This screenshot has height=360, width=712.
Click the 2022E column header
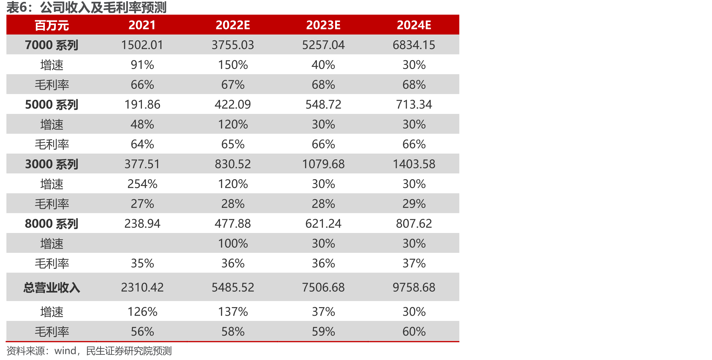coord(233,25)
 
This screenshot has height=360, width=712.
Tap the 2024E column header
coord(414,25)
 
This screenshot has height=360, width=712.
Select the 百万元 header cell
coord(52,25)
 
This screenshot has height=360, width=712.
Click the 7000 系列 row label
coord(52,45)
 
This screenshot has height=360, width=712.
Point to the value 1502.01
coord(142,45)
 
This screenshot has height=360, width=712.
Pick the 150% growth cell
coord(233,65)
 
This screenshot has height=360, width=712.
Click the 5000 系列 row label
coord(52,104)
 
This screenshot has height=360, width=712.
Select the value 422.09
coord(233,104)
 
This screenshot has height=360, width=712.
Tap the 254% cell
coord(142,184)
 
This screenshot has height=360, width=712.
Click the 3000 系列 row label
coord(52,164)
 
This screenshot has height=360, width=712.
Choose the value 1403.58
coord(414,164)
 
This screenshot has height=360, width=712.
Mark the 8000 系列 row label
coord(52,224)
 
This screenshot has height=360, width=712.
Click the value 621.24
coord(323,224)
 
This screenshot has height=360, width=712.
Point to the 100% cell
coord(233,243)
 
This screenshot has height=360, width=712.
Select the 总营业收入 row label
coord(52,288)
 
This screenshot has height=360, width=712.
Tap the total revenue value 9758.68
coord(414,287)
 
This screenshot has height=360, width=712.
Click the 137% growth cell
coord(233,312)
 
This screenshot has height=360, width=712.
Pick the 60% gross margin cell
coord(414,332)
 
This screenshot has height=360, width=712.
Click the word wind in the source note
coord(65,351)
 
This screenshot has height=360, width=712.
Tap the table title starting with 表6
coord(86,8)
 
